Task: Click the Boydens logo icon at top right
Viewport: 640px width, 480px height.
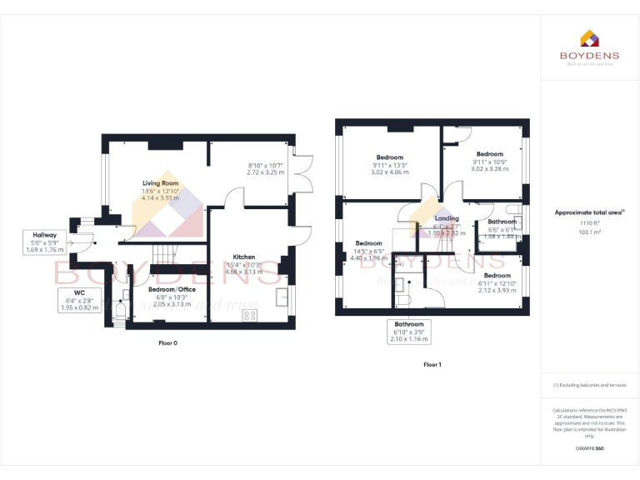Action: point(589,37)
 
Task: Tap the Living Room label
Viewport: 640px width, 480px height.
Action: point(160,182)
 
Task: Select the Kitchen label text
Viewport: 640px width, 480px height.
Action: point(244,257)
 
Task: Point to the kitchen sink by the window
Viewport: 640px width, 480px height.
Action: point(282,296)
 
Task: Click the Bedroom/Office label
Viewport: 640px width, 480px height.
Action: point(172,289)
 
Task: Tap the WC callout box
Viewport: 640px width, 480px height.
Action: point(79,300)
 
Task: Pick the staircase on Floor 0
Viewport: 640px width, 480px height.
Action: point(167,252)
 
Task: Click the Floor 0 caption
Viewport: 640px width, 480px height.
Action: point(167,342)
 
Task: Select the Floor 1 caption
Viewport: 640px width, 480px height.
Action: point(432,364)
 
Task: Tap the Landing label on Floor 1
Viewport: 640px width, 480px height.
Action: point(447,218)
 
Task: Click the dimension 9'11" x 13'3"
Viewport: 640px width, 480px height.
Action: point(389,165)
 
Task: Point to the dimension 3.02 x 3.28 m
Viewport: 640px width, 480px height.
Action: point(489,169)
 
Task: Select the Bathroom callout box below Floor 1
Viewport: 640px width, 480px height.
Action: point(409,332)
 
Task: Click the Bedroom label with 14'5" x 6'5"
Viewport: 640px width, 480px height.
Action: point(368,243)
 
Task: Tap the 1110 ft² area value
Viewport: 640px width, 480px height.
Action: point(589,223)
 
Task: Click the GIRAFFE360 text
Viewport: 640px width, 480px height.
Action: point(589,448)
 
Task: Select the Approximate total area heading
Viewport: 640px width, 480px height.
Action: point(589,212)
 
